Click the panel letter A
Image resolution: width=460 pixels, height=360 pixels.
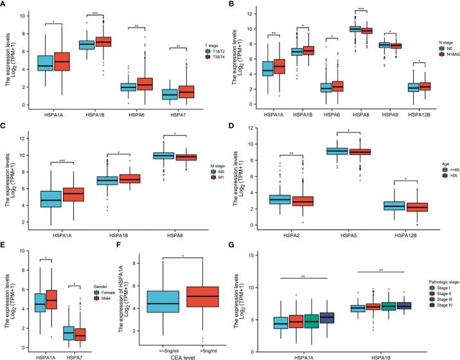click(4, 5)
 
